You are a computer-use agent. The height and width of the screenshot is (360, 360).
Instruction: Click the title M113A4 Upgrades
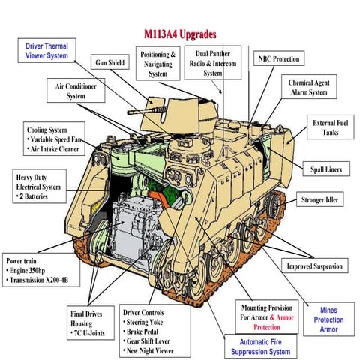pos(180,35)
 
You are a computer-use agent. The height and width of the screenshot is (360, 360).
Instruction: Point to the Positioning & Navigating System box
pos(157,64)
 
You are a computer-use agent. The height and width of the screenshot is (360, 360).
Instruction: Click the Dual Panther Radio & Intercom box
pos(213,64)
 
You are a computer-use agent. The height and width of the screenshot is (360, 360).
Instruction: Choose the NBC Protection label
pos(279,59)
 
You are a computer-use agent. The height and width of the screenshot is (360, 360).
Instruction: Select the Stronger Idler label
pos(323,201)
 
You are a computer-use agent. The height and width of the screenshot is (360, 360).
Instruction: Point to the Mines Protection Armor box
pos(328,319)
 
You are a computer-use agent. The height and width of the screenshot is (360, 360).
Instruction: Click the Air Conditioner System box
pos(76,91)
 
